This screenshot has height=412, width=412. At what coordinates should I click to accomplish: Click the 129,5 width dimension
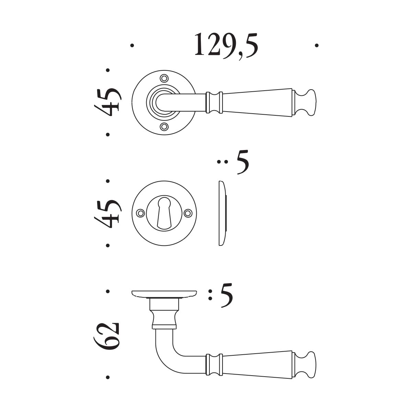tap(226, 46)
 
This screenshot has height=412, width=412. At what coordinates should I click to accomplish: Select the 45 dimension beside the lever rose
tap(108, 102)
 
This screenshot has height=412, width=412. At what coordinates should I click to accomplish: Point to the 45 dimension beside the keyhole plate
tap(108, 214)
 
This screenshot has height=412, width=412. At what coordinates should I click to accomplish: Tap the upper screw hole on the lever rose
tap(164, 79)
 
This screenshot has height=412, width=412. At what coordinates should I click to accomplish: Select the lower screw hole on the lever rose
tap(164, 127)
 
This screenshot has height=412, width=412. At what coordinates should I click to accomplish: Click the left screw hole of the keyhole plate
tap(140, 213)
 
